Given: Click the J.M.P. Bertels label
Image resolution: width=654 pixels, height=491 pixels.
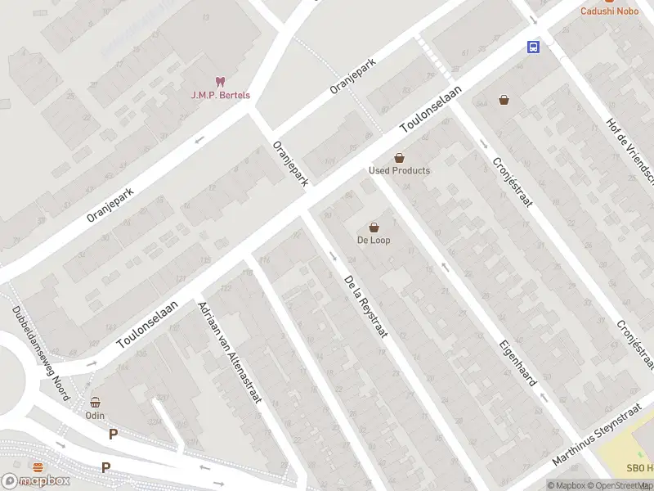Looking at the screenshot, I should click(x=221, y=95).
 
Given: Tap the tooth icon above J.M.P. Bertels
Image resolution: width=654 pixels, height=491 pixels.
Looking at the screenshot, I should click(x=219, y=81).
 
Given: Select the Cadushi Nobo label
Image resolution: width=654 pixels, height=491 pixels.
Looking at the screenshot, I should click(x=609, y=11).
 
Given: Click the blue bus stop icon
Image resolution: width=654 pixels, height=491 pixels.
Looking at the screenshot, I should click(x=533, y=47).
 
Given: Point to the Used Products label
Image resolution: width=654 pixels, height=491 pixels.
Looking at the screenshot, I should click(x=399, y=170).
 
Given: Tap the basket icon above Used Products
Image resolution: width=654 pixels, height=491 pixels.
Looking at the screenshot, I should click(x=399, y=157).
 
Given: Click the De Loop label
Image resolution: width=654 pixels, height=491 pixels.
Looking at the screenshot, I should click(x=374, y=240).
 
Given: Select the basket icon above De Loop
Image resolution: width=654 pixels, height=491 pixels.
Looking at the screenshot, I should click(x=374, y=227).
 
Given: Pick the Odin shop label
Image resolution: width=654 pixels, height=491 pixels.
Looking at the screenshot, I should click(x=95, y=415).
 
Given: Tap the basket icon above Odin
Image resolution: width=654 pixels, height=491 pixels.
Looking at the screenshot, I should click(x=95, y=402).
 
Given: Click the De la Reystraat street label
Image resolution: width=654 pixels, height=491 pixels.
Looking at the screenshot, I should click(x=365, y=306).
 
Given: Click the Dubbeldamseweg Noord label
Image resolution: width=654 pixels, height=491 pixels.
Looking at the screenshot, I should click(x=40, y=354).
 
